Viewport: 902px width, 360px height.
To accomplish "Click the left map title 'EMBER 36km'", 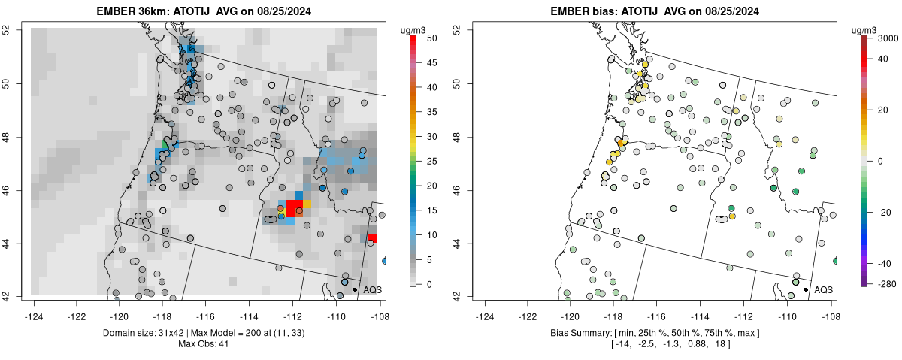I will pos(129,11).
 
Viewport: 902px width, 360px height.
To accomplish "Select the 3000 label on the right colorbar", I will pos(885,38).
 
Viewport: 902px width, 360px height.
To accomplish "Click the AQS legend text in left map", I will pos(372,289).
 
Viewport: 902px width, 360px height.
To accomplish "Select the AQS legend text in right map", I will pos(824,289).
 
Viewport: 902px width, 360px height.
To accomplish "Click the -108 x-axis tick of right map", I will pos(831,307).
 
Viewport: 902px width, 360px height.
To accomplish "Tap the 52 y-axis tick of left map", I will pos(17,29).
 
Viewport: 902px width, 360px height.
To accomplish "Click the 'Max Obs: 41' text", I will pos(203,344).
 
